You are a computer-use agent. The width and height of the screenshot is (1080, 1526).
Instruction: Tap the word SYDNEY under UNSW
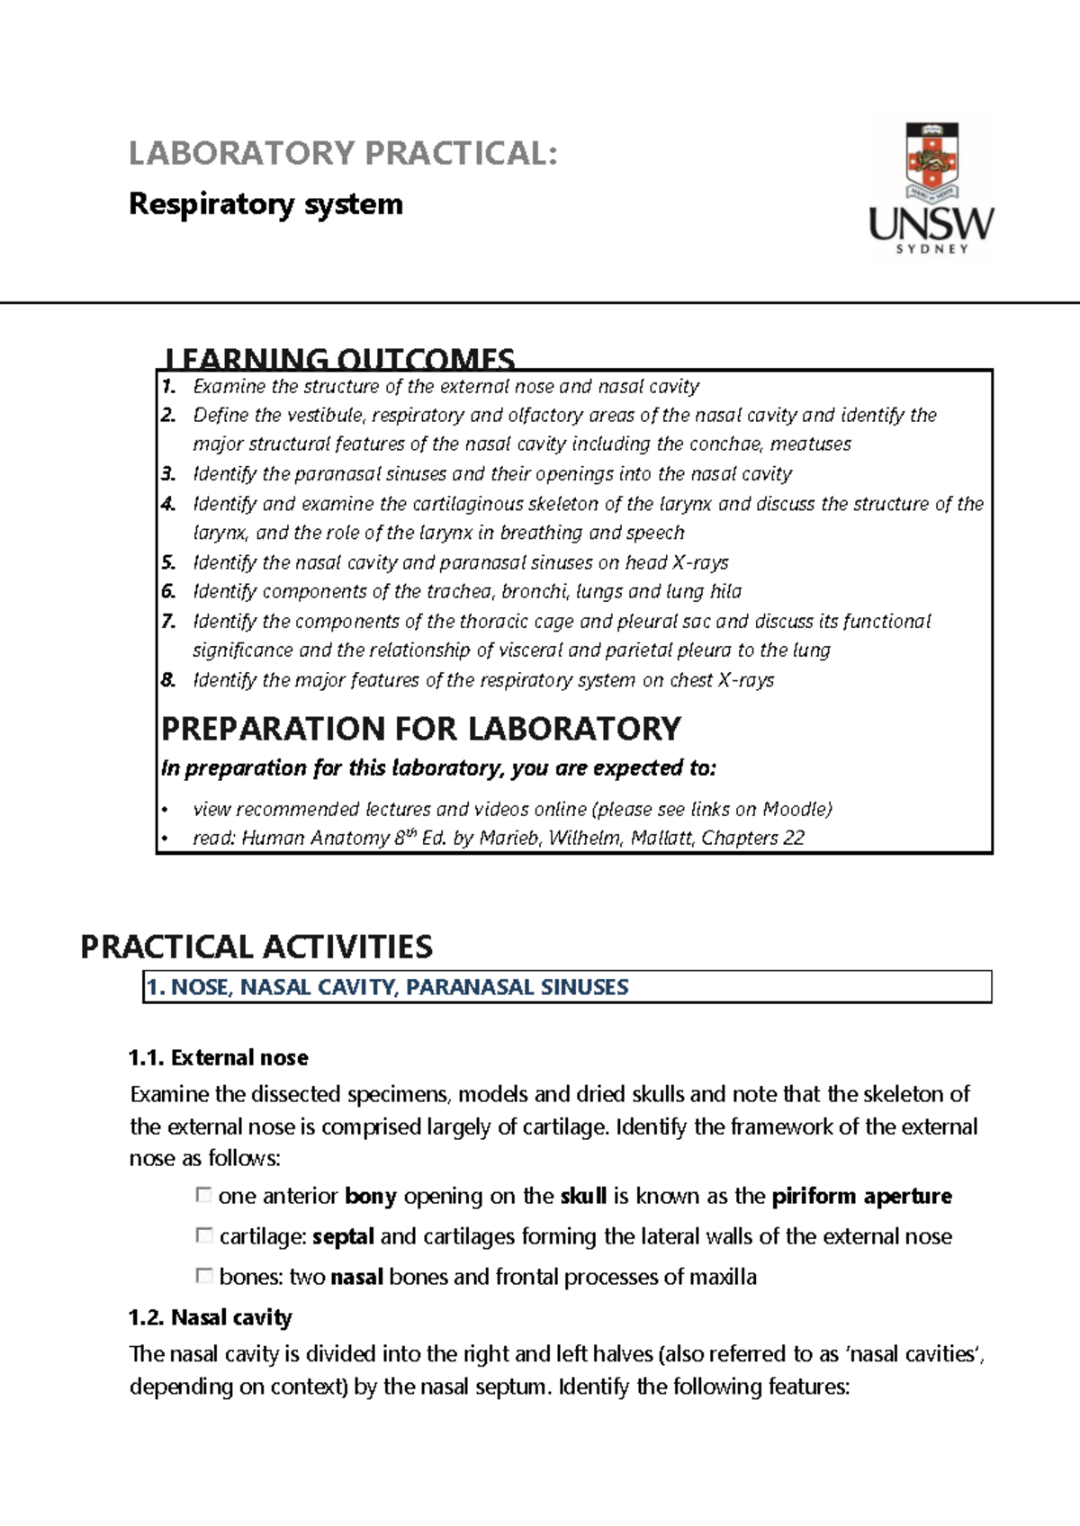[931, 248]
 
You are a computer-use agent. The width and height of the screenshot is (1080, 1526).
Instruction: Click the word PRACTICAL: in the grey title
[461, 154]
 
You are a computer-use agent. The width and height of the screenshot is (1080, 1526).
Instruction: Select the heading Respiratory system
[265, 204]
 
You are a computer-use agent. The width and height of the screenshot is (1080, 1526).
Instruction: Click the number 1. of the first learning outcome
[168, 387]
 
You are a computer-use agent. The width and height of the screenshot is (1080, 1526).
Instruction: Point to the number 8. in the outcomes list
[168, 680]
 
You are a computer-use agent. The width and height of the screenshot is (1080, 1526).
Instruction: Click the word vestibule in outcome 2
[324, 416]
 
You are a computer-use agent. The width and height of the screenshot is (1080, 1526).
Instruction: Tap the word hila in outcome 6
[725, 591]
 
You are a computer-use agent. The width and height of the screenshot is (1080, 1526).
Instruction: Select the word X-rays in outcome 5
[700, 562]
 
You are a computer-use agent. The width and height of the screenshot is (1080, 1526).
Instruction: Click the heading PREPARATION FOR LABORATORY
[420, 728]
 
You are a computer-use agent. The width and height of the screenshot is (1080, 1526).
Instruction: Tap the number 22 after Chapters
[793, 838]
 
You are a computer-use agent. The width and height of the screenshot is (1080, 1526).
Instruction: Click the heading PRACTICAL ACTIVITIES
[256, 947]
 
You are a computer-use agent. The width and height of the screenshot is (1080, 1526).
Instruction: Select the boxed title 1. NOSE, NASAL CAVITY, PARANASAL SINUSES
[387, 987]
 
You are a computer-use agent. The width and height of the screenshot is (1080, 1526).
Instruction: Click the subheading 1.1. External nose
[219, 1057]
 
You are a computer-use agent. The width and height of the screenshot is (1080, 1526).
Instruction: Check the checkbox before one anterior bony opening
[203, 1195]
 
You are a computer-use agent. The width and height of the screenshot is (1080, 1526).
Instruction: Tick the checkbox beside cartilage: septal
[203, 1235]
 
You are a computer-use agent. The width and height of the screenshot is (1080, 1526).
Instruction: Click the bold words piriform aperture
[861, 1196]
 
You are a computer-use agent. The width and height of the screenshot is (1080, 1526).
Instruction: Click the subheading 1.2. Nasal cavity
[211, 1317]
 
